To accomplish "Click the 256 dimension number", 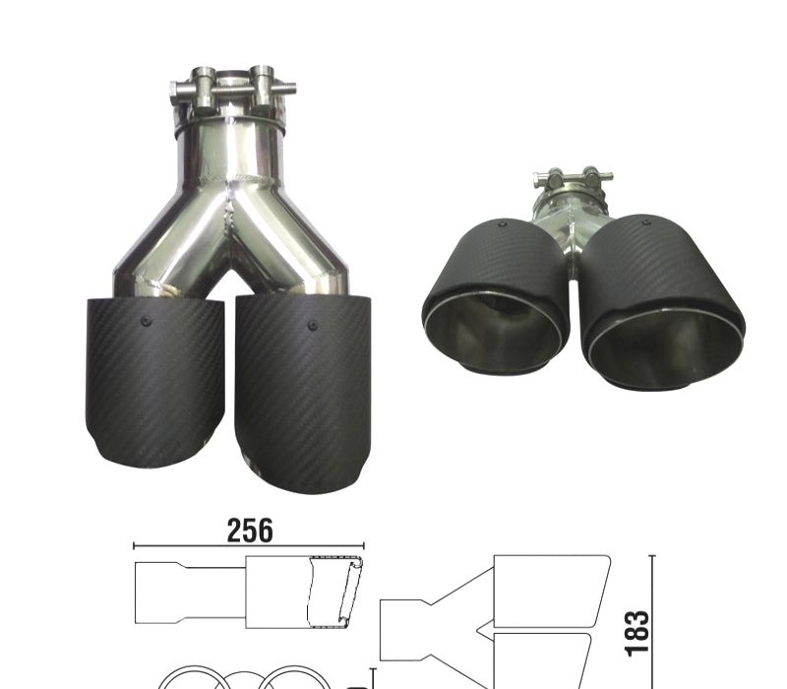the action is (250, 531).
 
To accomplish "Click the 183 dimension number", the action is (636, 633).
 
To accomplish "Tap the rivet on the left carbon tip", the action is (146, 321).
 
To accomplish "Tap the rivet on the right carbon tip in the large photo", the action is (312, 325).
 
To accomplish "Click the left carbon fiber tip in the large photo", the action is (154, 383).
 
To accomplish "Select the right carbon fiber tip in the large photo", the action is (303, 393).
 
